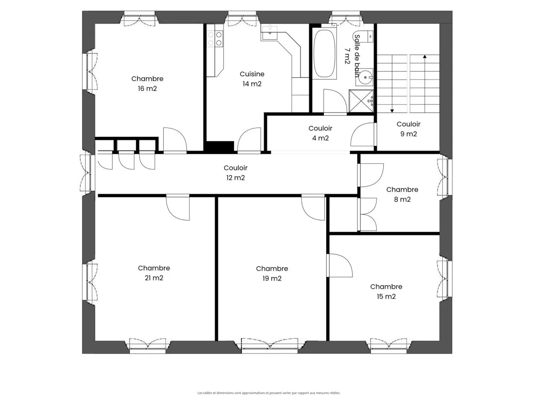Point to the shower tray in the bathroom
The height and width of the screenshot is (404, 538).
(361, 101)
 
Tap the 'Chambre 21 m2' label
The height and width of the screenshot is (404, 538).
(154, 273)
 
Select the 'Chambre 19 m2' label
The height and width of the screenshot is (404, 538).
(272, 273)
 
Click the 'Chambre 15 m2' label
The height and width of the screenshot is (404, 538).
(386, 291)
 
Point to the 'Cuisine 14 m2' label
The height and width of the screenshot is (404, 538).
(252, 79)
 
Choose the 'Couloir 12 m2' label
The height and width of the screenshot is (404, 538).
(235, 173)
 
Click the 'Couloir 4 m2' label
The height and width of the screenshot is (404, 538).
(320, 133)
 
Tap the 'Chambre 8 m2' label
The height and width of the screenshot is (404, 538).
(402, 195)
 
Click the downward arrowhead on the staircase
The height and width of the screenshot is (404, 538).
(392, 110)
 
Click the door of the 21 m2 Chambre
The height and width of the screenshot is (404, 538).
(178, 206)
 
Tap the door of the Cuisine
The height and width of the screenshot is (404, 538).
(249, 140)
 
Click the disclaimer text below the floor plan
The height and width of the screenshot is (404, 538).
(269, 393)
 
